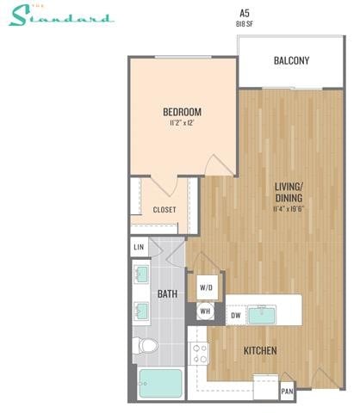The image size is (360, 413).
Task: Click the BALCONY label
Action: pos(291,60)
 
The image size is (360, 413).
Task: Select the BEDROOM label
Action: pos(182,112)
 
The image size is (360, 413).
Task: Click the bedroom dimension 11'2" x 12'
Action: pos(182,124)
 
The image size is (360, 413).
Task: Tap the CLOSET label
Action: pos(164,209)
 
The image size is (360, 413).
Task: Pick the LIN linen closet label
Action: pos(139,248)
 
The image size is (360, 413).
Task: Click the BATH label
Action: pos(167,293)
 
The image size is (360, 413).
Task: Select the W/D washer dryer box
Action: pos(207,287)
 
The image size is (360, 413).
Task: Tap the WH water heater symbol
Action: pos(207,312)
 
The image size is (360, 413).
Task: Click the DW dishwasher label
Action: pos(235,316)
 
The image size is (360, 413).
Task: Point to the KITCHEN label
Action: pos(259,351)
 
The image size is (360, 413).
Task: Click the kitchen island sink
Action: pos(264,315)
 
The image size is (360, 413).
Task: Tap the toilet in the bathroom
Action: pos(147,346)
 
